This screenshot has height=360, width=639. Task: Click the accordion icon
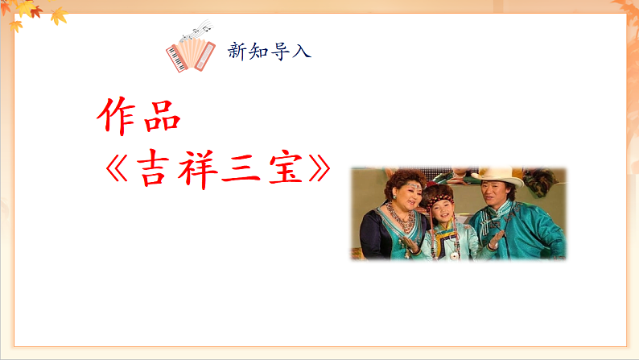(x=191, y=55)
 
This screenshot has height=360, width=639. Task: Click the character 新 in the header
(x=237, y=52)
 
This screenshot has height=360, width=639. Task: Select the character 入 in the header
(x=303, y=52)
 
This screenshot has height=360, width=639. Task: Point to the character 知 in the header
(x=259, y=52)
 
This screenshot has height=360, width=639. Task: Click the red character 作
(x=117, y=118)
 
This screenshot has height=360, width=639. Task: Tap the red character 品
(x=162, y=118)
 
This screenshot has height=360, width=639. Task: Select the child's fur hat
(x=441, y=196)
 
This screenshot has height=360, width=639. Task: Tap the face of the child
(x=442, y=214)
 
